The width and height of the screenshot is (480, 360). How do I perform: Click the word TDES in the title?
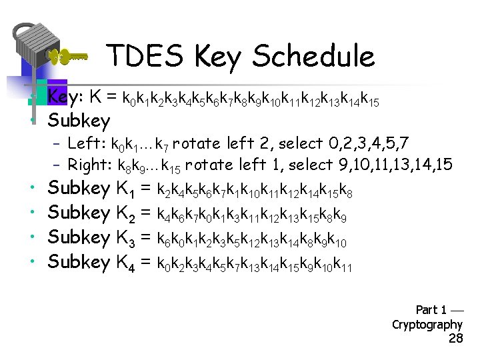[145, 57]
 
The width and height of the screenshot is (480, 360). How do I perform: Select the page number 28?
[456, 339]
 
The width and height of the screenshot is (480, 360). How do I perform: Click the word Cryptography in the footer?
[427, 325]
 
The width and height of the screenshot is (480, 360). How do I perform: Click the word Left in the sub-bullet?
[83, 143]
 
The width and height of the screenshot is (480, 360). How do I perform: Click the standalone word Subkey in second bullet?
[79, 121]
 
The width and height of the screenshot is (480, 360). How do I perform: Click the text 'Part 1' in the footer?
[431, 309]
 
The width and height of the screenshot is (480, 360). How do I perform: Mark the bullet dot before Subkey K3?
[32, 237]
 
